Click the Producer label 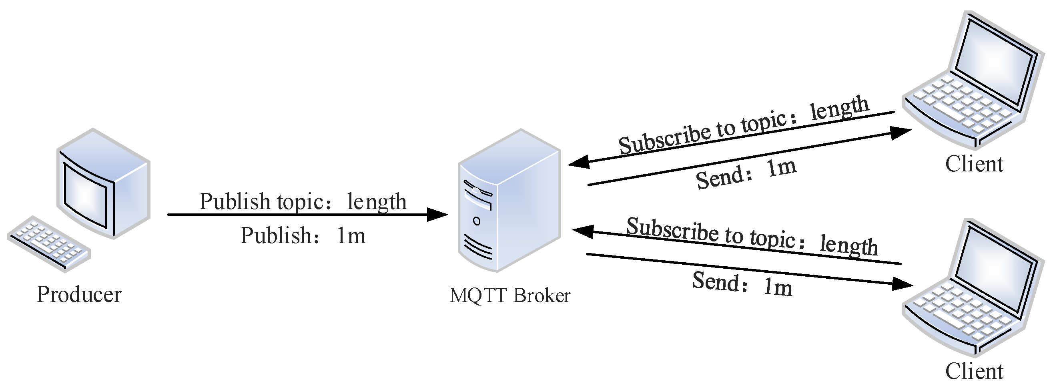[x=79, y=294]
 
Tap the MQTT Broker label [x=509, y=295]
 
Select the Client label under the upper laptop [x=974, y=164]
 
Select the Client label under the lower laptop [x=974, y=371]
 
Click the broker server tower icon [x=509, y=200]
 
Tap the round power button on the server [x=477, y=221]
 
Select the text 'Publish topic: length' [x=303, y=201]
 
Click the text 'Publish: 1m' [x=303, y=236]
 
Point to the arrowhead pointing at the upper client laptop [x=901, y=133]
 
